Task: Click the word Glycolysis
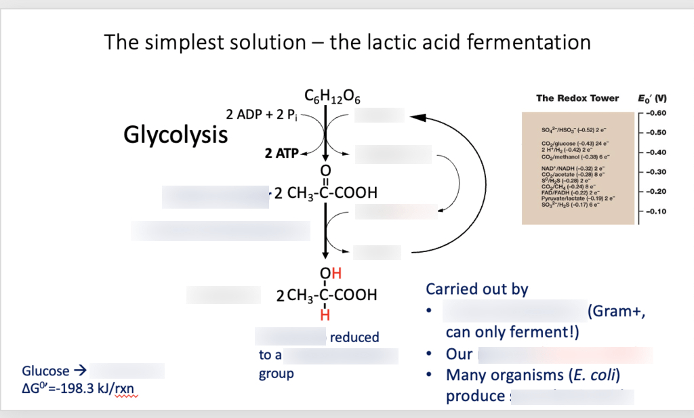(176, 134)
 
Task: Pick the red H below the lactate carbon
(325, 315)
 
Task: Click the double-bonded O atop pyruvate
(325, 169)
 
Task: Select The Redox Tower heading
(577, 98)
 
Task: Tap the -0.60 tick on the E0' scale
(658, 112)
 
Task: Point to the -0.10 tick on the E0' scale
(658, 211)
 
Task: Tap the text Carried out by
(476, 289)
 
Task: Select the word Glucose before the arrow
(45, 371)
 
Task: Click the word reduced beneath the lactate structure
(354, 337)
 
